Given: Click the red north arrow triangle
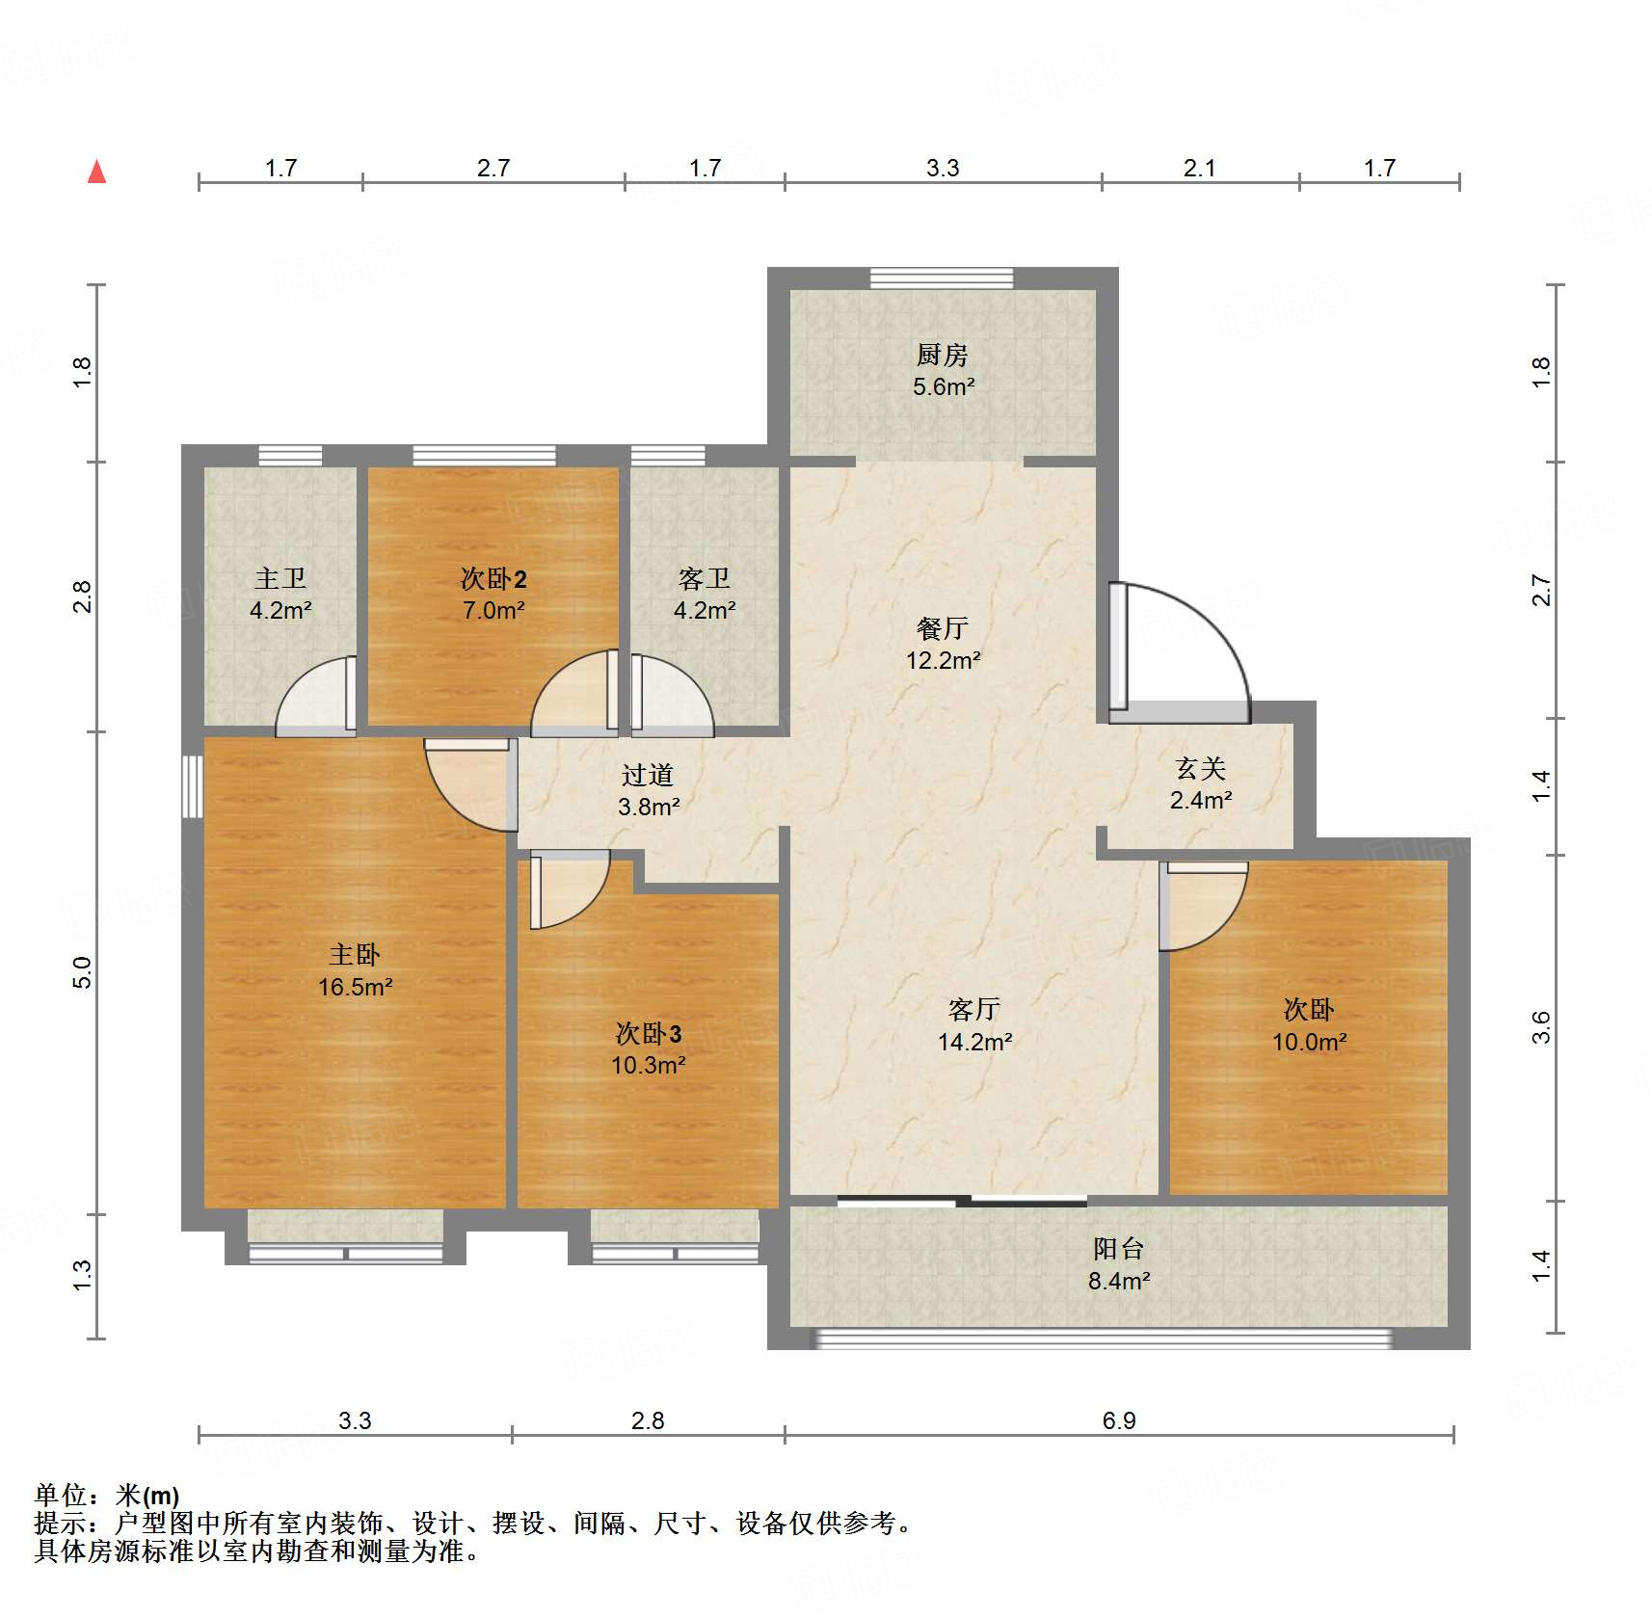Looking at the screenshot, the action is point(96,172).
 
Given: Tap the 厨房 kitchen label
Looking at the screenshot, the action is point(942,355).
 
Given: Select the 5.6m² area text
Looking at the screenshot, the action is point(944,386).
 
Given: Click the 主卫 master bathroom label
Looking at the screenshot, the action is point(280,578).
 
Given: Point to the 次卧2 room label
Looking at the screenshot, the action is point(493,578).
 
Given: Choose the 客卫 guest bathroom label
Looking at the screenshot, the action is point(705,578).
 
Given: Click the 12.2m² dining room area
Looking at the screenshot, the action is point(944,660).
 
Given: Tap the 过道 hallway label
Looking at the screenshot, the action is point(648,775).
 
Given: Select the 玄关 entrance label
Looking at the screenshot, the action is point(1201,768).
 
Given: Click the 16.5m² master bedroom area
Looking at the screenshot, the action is point(356,987).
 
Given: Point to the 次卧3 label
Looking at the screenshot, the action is point(649,1033).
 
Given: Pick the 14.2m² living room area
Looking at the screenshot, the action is point(975,1042).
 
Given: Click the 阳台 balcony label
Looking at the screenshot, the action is point(1119,1249).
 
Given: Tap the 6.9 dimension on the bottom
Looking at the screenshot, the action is point(1119,1420).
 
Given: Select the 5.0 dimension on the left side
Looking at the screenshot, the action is point(82,972).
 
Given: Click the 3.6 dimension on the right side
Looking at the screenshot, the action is point(1541,1027).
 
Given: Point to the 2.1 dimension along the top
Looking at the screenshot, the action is point(1200,168).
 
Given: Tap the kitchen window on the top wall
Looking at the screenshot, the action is point(942,278).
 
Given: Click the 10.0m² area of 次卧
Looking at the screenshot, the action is point(1310,1042).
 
